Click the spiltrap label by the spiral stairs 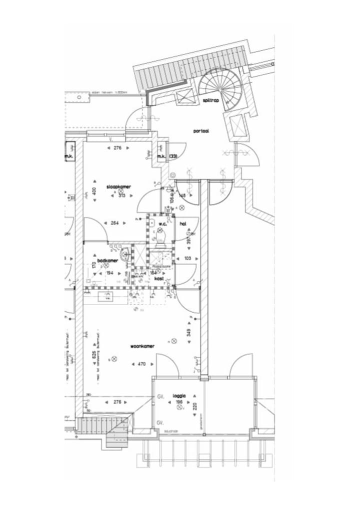coord(211,100)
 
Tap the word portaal coord(201,130)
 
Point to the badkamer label coord(107,260)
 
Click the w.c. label coord(162,223)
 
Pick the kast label coord(159,278)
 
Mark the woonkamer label coord(142,346)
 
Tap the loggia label coord(179,396)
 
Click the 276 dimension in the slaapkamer coord(118,148)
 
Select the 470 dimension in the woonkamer coord(141,364)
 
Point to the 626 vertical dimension coord(94,356)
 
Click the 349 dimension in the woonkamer coord(188,331)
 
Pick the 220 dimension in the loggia coord(195,406)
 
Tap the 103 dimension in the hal coord(187,258)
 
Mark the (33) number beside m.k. coord(173,157)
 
